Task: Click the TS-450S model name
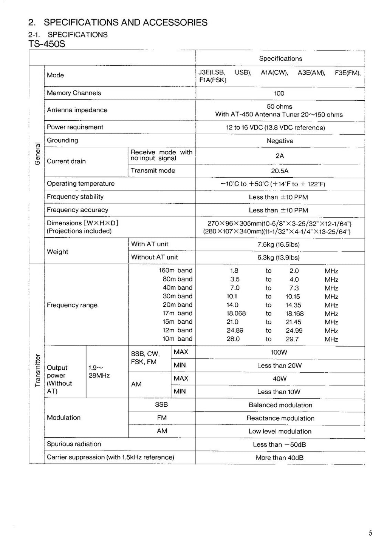(x=47, y=44)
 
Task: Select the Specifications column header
(x=280, y=58)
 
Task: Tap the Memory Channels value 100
(x=279, y=94)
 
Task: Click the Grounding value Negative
(x=280, y=141)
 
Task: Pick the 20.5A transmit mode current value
(x=280, y=171)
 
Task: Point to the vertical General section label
(x=37, y=154)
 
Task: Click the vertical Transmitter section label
(x=37, y=370)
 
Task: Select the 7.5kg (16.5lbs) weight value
(x=280, y=244)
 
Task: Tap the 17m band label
(x=177, y=313)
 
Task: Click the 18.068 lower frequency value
(x=236, y=313)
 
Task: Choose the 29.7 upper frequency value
(x=292, y=339)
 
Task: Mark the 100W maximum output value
(x=279, y=352)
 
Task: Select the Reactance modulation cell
(x=280, y=418)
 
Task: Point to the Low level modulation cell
(x=280, y=432)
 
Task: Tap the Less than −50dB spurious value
(x=279, y=445)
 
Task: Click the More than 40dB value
(x=280, y=458)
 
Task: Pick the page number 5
(x=370, y=533)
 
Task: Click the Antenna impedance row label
(x=77, y=110)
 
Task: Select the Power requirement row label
(x=75, y=127)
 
